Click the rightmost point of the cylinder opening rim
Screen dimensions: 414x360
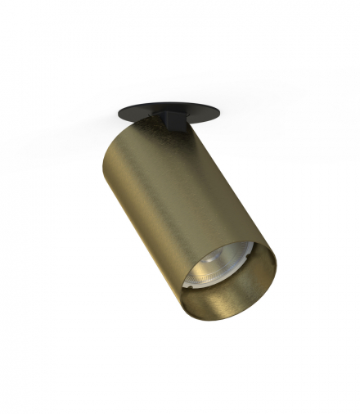pyautogui.click(x=277, y=266)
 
